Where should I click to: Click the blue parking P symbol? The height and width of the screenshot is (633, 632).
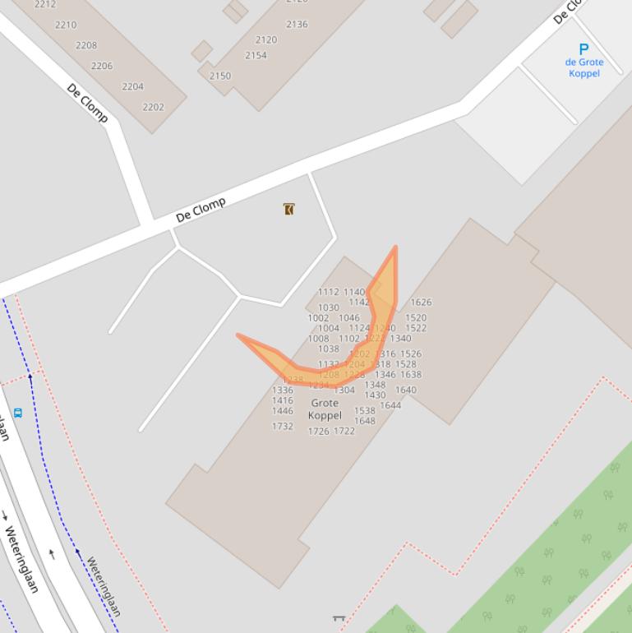pos(584,49)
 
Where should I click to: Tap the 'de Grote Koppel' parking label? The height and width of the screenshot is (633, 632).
pos(584,67)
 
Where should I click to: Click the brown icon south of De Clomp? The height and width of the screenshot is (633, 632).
pos(288,209)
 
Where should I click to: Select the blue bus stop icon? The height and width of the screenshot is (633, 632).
pos(18,412)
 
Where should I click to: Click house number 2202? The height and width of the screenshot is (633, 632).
pos(153,107)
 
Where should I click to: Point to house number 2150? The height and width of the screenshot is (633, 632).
pos(220,76)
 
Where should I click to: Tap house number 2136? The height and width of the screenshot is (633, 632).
pos(297,25)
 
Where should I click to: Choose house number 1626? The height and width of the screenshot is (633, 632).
pos(421,302)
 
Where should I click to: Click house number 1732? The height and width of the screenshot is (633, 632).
pos(283,426)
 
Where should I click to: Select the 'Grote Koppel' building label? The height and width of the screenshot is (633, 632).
pos(325,409)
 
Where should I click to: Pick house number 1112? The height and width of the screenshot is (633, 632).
pos(329,292)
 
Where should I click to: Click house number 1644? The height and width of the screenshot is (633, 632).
pos(390,404)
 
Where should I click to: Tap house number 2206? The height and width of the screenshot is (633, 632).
pos(102,66)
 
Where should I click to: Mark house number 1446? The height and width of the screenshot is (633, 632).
pos(283,410)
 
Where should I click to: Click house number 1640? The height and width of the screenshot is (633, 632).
pos(406,390)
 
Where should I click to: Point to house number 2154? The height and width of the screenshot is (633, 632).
pos(256,56)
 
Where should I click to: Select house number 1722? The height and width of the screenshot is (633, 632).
pos(344,431)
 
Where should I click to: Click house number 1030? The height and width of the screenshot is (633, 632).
pos(329,307)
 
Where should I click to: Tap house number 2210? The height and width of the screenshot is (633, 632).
pos(66,25)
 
